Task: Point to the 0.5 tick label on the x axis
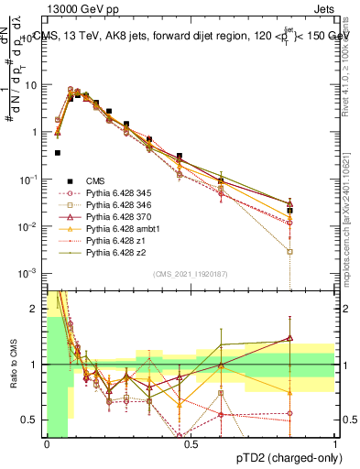tap(191, 443)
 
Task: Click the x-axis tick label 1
tap(334, 443)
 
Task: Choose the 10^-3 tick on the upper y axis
tap(28, 273)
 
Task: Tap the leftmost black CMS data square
tap(58, 153)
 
